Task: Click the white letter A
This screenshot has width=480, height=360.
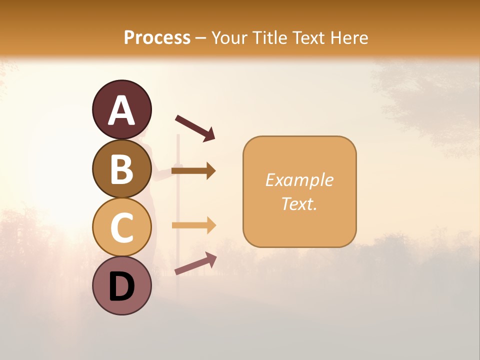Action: click(122, 110)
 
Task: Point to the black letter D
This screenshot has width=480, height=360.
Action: click(122, 287)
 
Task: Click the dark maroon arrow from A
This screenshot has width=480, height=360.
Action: click(195, 128)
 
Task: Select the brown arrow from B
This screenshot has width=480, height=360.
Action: click(193, 171)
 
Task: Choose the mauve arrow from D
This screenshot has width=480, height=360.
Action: click(195, 263)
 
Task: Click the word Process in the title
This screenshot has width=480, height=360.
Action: click(157, 38)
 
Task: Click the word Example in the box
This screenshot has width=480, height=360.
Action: click(299, 180)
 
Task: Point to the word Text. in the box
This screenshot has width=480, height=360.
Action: click(299, 203)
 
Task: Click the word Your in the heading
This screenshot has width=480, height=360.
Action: click(228, 38)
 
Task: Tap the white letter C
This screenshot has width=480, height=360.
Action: click(122, 228)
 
